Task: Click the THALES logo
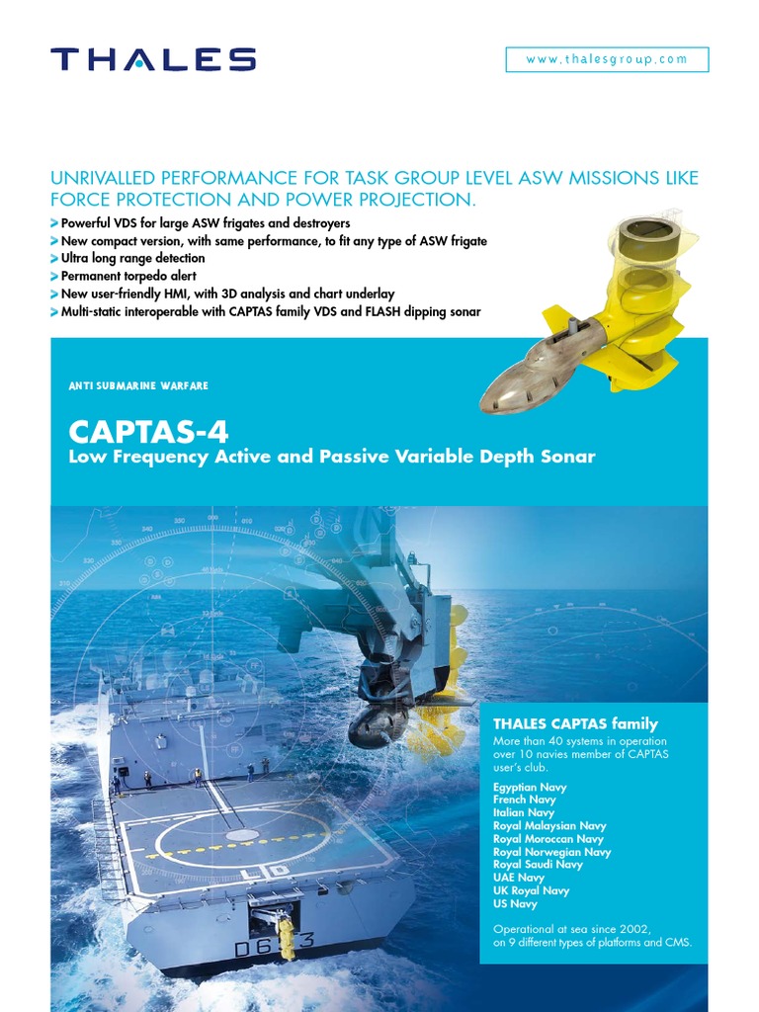(153, 59)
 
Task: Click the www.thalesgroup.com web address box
(607, 59)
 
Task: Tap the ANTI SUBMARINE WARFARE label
(138, 385)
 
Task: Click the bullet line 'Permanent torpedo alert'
(128, 276)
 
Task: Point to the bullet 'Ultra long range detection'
(133, 259)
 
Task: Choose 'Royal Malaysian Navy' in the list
(549, 825)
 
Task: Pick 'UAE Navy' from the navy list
(519, 878)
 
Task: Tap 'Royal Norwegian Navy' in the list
(551, 852)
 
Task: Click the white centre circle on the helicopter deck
(243, 835)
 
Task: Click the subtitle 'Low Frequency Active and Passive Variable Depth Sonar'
(331, 457)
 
